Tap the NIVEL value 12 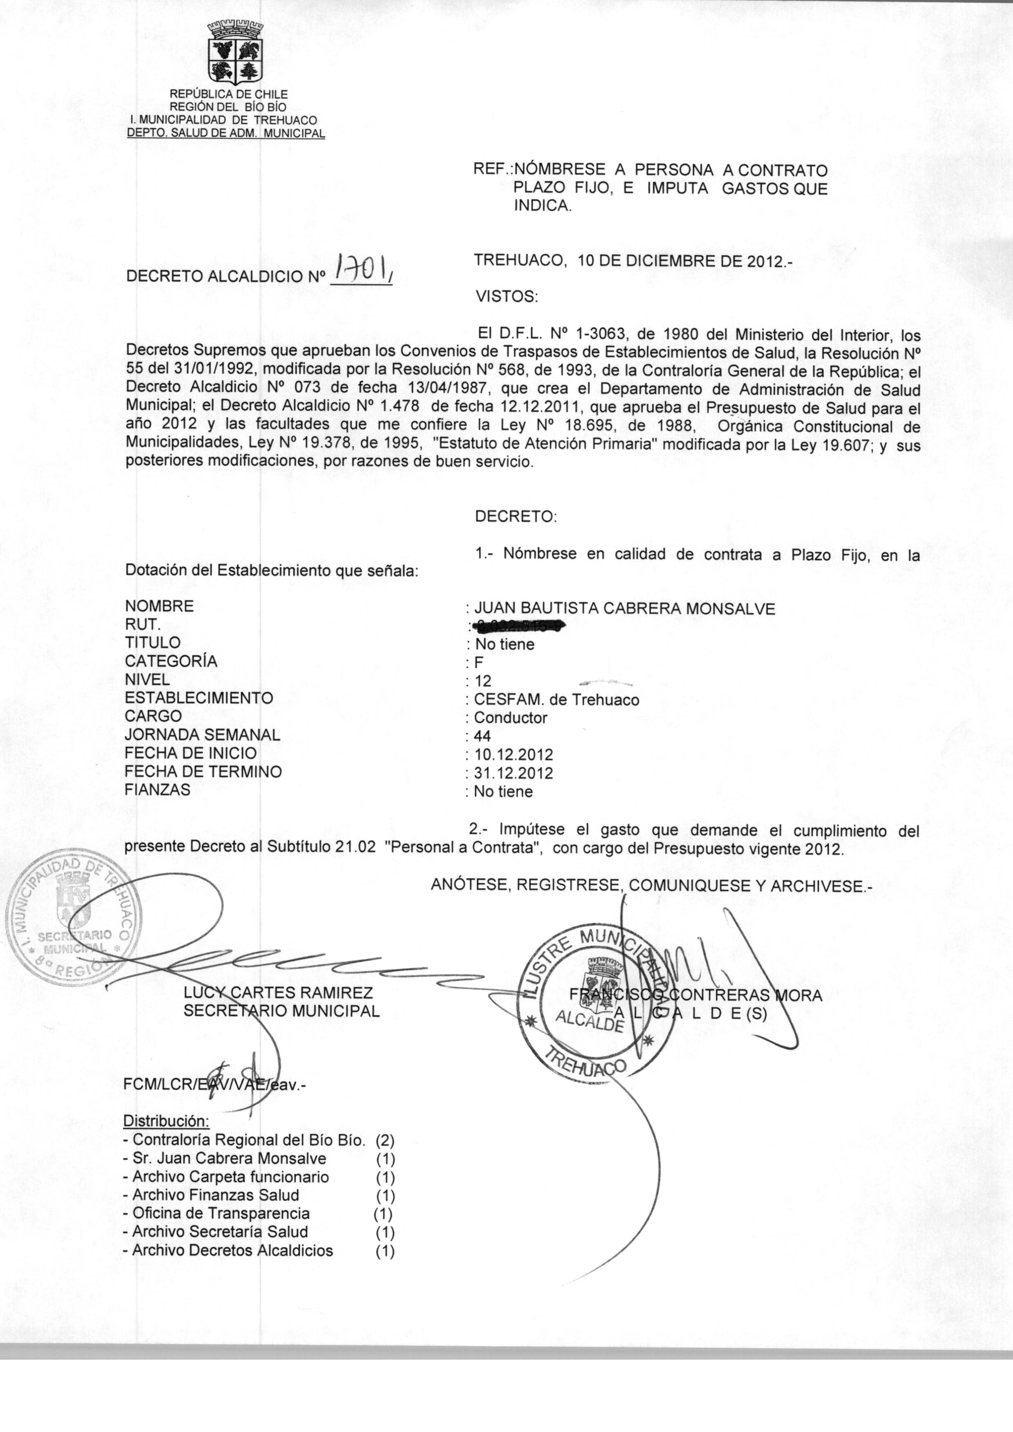[483, 681]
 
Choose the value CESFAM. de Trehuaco [556, 700]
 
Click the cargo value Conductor [510, 718]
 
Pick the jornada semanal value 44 [482, 736]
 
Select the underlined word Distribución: [167, 1121]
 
